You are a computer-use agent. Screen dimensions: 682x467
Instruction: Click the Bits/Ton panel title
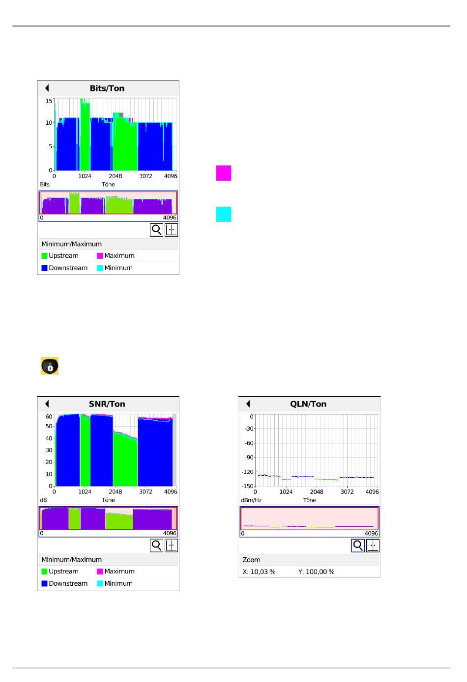pos(107,88)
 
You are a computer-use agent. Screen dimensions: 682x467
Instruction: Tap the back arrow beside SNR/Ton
pos(47,404)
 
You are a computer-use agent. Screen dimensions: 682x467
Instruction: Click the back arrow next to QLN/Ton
pos(248,404)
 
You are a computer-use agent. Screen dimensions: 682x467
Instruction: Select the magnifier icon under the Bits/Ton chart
pos(156,230)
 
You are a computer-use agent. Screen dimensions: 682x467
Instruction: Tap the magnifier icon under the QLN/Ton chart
pos(358,546)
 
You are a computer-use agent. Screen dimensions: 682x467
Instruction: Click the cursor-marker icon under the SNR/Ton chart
pos(171,546)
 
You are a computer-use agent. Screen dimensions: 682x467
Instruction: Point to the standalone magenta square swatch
pos(224,173)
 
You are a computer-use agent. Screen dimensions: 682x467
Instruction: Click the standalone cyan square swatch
pos(224,215)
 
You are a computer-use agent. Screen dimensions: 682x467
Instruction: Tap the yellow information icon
pos(50,366)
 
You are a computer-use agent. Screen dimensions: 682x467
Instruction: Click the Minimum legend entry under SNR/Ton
pos(115,583)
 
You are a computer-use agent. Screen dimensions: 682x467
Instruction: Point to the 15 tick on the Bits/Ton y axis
pos(49,101)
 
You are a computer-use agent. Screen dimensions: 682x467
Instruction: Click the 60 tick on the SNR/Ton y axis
pos(49,417)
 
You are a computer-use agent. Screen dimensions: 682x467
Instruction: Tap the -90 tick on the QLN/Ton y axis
pos(249,458)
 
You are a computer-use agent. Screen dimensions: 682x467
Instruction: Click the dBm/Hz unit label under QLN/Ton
pos(251,500)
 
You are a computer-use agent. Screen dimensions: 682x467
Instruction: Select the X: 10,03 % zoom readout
pos(259,572)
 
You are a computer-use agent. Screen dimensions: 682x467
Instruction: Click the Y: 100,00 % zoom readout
pos(316,572)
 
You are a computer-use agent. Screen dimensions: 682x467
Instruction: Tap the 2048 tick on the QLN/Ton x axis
pos(317,492)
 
